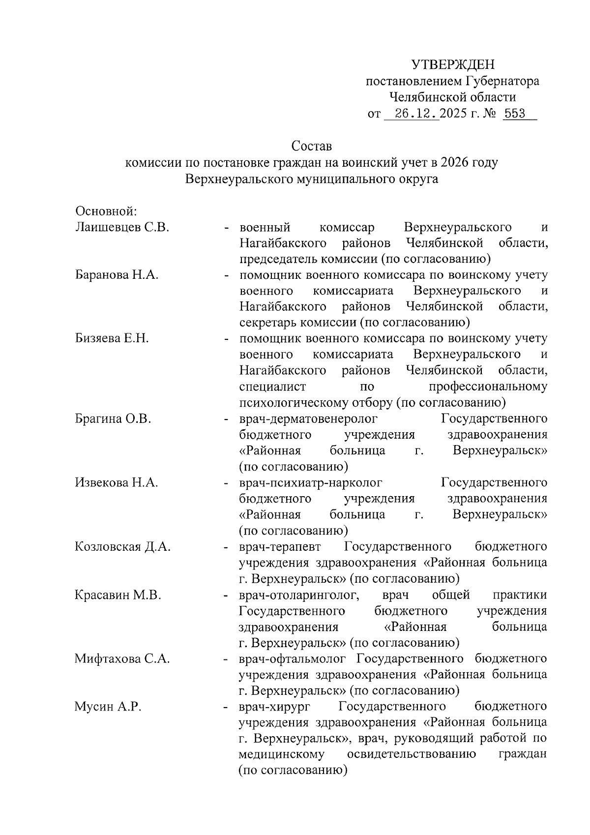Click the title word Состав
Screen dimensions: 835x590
312,146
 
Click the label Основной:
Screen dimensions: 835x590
105,211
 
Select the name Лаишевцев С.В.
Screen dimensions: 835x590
122,227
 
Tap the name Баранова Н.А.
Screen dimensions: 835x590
117,275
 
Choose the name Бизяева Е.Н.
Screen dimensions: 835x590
112,339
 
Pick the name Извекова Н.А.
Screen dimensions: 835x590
117,482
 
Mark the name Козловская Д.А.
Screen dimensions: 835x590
122,546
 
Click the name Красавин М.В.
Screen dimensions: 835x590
118,595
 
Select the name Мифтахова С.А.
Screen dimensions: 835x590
122,659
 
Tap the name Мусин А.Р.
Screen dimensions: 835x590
108,707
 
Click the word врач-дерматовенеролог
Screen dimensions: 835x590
308,419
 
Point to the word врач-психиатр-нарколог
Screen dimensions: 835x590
310,482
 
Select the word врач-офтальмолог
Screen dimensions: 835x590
293,659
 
